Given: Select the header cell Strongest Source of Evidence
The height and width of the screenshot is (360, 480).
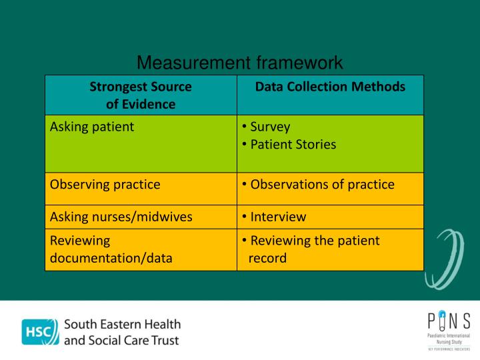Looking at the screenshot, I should (x=141, y=95).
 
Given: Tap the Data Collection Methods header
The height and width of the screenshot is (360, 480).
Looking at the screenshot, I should (x=330, y=87).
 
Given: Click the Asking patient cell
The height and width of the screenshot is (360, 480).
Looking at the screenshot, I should (x=92, y=126).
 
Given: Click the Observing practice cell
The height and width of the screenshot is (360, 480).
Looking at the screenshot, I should (x=105, y=185).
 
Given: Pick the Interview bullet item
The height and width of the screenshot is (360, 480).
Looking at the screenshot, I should (x=278, y=217).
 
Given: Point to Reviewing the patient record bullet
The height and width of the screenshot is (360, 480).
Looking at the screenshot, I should (x=314, y=249).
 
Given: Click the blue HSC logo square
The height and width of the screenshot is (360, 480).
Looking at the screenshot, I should (x=39, y=332).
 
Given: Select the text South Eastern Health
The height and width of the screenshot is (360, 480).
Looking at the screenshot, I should (x=123, y=325).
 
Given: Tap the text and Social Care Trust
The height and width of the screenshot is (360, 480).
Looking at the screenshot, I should (x=121, y=340).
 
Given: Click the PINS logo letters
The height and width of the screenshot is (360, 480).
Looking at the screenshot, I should (x=449, y=321).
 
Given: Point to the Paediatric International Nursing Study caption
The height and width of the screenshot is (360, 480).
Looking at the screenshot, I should (x=449, y=338).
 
